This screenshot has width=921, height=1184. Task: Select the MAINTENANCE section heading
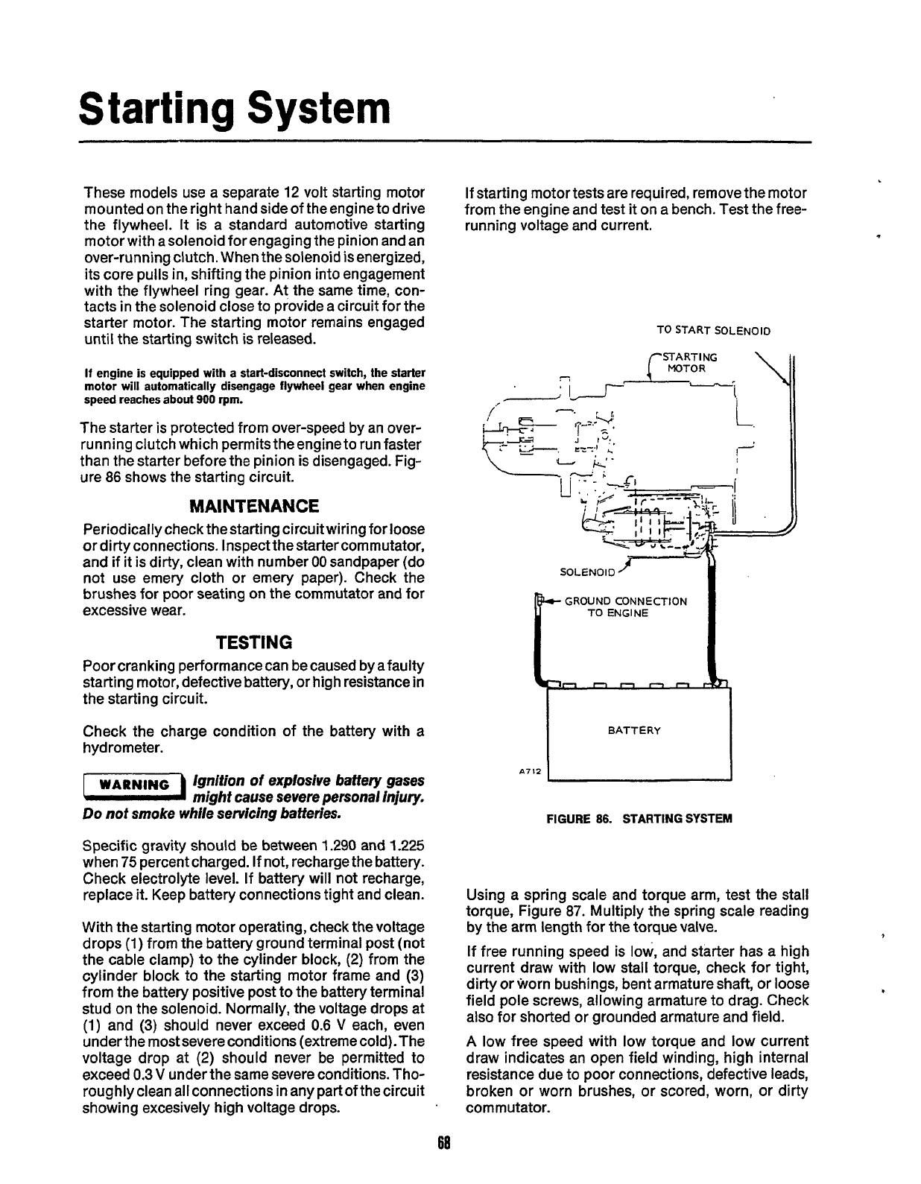[254, 507]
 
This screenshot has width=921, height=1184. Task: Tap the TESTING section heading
[254, 642]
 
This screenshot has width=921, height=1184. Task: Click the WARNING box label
[134, 785]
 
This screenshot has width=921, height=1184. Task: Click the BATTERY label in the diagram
[634, 730]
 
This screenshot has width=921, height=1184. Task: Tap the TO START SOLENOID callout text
[712, 330]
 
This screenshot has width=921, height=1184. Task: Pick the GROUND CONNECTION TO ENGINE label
[625, 607]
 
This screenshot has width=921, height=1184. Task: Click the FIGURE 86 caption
[639, 818]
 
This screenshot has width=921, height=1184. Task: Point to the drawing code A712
[529, 770]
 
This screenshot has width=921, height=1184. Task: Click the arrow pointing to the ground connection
[554, 601]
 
